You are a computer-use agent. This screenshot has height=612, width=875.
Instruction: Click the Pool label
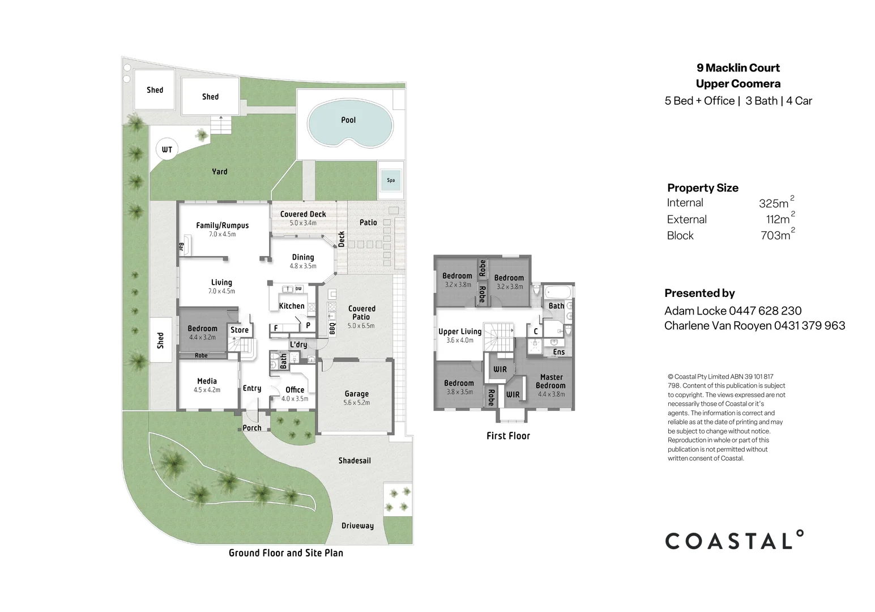click(x=348, y=120)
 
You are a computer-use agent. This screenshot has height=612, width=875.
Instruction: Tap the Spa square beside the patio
click(x=391, y=180)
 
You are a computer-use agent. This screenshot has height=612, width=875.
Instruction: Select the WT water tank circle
click(x=167, y=150)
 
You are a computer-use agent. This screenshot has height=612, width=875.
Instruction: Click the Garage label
click(x=356, y=394)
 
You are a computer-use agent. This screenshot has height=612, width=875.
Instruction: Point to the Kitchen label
click(x=292, y=306)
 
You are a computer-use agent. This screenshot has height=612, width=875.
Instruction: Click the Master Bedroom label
click(x=551, y=381)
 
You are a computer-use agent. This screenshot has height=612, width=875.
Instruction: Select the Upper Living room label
click(x=460, y=331)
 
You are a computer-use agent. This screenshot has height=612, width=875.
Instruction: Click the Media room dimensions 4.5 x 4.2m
click(x=207, y=390)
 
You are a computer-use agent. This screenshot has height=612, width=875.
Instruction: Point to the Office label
click(x=294, y=390)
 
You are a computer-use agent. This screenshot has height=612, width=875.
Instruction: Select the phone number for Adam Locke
click(x=765, y=311)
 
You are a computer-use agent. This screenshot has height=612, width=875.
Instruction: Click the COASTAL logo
click(x=734, y=541)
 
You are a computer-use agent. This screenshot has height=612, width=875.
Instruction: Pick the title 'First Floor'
click(x=508, y=436)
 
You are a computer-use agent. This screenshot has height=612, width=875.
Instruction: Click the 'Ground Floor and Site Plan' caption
click(x=285, y=553)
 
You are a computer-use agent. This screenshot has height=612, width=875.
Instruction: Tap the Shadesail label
click(x=355, y=461)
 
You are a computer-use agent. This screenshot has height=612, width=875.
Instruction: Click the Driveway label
click(x=357, y=526)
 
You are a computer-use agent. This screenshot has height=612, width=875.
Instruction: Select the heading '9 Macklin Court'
click(x=738, y=68)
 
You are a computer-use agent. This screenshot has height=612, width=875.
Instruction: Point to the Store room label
click(x=240, y=330)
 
